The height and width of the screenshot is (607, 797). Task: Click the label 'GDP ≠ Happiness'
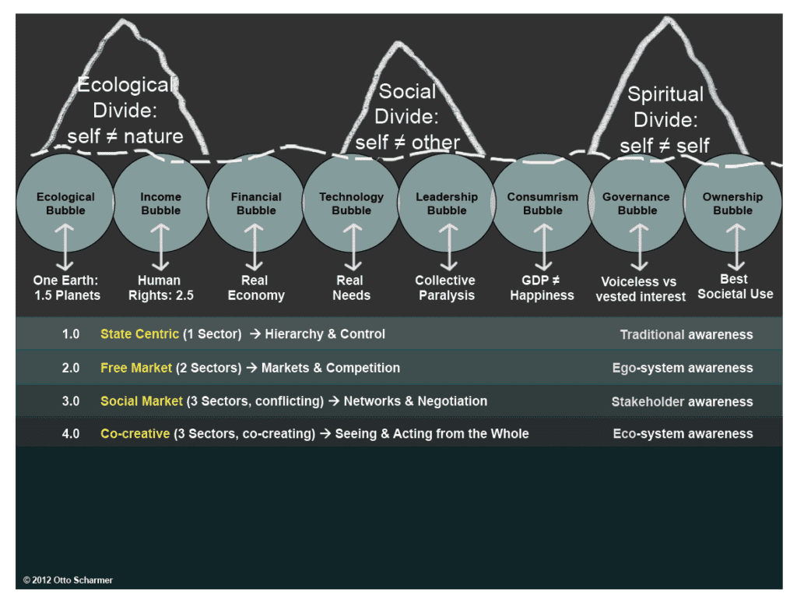[x=542, y=288]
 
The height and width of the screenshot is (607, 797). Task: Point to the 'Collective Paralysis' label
[x=445, y=288]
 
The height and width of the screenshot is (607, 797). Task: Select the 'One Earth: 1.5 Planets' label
[x=67, y=288]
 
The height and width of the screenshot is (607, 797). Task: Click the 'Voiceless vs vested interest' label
[x=641, y=289]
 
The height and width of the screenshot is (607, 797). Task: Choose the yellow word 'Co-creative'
[x=135, y=433]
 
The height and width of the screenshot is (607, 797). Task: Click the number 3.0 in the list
[x=71, y=401]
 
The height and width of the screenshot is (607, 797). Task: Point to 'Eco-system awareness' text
[x=683, y=434]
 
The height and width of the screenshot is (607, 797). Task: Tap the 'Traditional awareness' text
[x=686, y=335]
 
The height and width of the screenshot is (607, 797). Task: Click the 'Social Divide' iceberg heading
[x=407, y=104]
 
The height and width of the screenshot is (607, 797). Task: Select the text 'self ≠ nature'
[x=125, y=136]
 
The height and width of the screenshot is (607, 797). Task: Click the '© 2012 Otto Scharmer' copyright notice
[x=68, y=581]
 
